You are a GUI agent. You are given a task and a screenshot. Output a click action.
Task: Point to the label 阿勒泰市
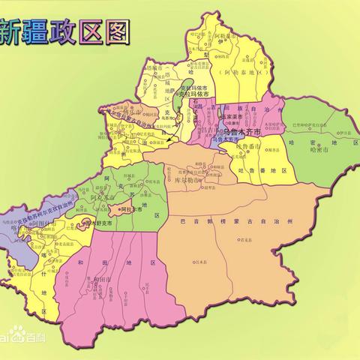(230, 34)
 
